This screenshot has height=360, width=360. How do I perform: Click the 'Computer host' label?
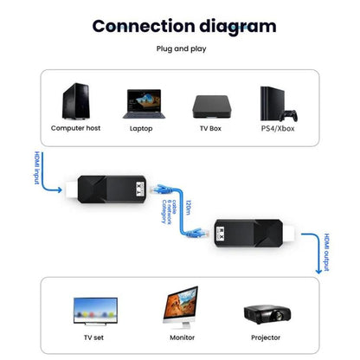(x=76, y=129)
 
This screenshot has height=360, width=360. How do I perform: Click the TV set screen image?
(x=95, y=309)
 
